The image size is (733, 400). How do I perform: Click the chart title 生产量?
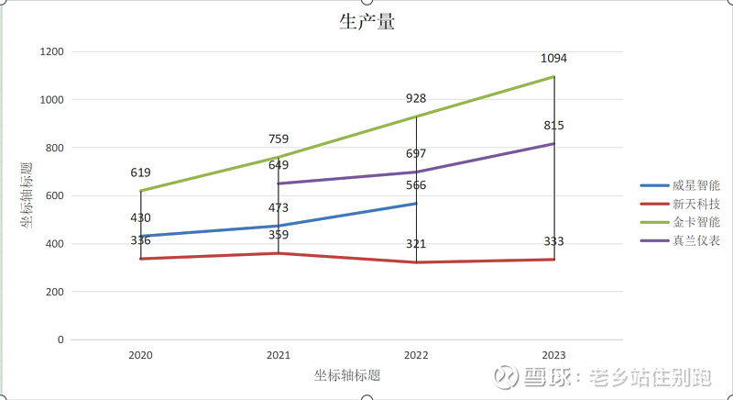[x=366, y=22]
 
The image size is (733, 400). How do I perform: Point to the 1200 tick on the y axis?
[x=52, y=51]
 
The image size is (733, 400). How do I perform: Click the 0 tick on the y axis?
[x=60, y=339]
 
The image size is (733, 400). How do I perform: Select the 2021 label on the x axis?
[x=279, y=355]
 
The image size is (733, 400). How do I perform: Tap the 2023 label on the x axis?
[x=553, y=355]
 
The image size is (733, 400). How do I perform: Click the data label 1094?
[x=553, y=59]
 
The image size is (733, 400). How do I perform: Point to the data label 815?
[x=553, y=126]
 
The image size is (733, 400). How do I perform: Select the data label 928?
[x=416, y=98]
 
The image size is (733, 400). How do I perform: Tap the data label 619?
[x=140, y=172]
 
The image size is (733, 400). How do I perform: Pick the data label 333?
[x=553, y=242]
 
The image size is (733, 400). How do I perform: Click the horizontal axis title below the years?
[x=347, y=375]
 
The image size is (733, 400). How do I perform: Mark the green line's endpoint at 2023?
[x=554, y=77]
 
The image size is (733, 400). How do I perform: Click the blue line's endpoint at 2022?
[x=416, y=204]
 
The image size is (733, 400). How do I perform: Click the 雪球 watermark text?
[x=548, y=377]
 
